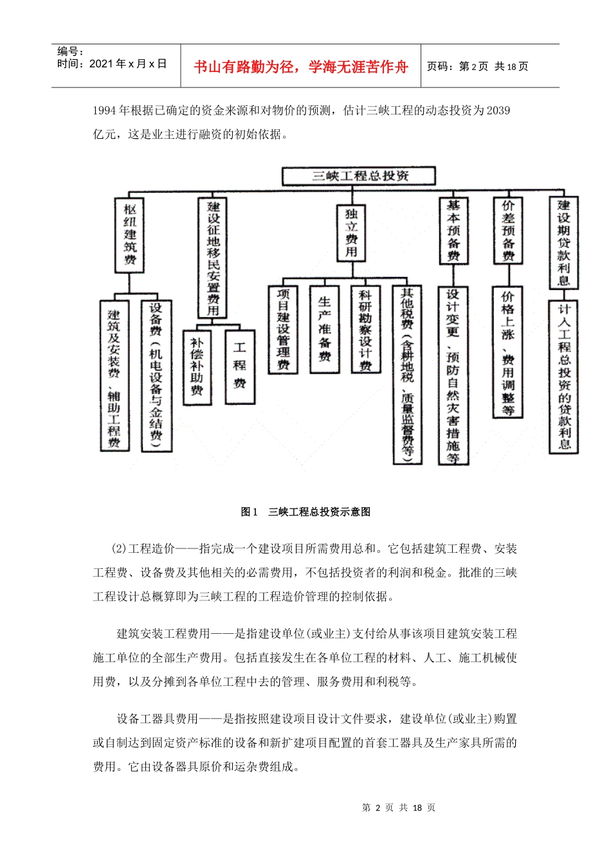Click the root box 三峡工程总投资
point(359,176)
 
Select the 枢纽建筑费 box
point(130,235)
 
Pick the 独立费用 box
point(351,233)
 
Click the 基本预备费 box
point(453,230)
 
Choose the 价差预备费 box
point(508,230)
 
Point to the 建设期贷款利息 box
point(563,242)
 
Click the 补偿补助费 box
point(197,367)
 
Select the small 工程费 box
point(240,366)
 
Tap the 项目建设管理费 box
point(283,329)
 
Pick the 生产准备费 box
point(325,329)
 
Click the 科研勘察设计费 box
point(365,329)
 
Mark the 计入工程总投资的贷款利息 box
point(563,377)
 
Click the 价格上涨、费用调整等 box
point(508,352)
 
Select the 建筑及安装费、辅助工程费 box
point(114,376)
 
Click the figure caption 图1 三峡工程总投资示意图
point(305,512)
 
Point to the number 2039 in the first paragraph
point(498,111)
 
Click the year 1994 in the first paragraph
point(104,111)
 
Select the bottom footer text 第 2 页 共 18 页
point(399,808)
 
